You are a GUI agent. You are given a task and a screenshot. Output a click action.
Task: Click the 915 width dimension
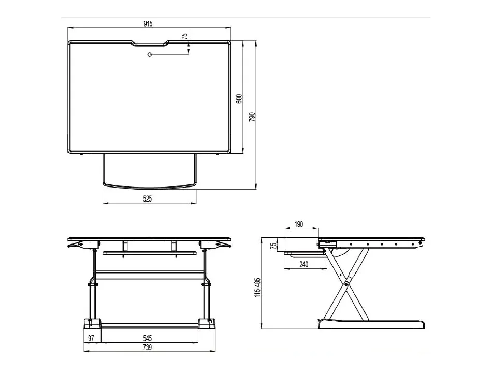coord(148,24)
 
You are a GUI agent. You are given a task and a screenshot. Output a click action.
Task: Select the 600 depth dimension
coord(239,98)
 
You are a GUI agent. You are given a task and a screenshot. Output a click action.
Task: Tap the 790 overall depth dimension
coord(252,117)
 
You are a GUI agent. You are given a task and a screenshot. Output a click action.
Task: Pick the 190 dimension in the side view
coord(299,224)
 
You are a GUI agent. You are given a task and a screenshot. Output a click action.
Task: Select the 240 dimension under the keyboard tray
coord(304,264)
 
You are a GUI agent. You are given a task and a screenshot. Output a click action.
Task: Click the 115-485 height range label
coord(257,288)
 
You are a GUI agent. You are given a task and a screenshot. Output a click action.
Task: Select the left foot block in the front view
coord(93,324)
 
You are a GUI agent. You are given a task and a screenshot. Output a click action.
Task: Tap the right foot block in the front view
coord(207,324)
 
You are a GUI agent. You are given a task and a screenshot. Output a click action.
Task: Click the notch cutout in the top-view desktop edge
coord(150,44)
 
